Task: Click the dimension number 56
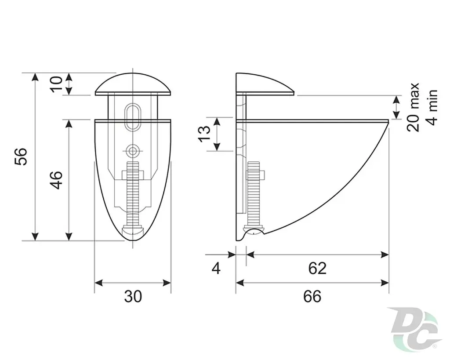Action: pyautogui.click(x=21, y=157)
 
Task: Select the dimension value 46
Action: pyautogui.click(x=56, y=180)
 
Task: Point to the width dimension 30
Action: pyautogui.click(x=133, y=296)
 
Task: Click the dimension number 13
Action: pyautogui.click(x=204, y=134)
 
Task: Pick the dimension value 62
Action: pyautogui.click(x=317, y=269)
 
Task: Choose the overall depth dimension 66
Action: pyautogui.click(x=312, y=296)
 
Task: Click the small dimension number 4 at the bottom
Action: pyautogui.click(x=216, y=269)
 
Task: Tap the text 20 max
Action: pyautogui.click(x=413, y=107)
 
